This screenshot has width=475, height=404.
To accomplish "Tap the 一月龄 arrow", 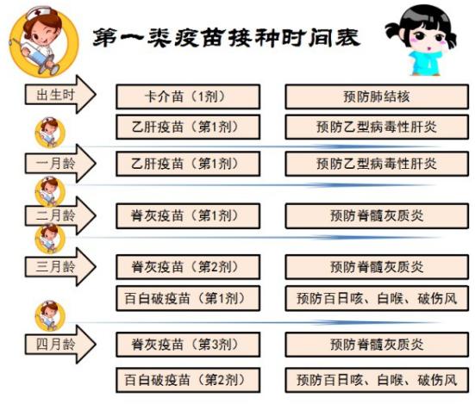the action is [60, 164].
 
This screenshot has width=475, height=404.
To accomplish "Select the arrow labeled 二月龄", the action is [60, 215].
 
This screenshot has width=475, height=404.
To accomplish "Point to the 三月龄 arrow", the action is [60, 267].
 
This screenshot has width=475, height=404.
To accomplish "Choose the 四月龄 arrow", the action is [60, 344].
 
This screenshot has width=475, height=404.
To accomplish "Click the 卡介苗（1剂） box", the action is [188, 96].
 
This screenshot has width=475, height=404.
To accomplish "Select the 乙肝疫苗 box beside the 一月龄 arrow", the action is [188, 164].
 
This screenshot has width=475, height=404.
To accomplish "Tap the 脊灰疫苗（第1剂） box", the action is [188, 215].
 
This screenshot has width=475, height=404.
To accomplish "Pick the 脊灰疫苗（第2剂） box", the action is [188, 267].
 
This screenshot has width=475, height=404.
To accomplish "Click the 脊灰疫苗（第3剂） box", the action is [188, 345].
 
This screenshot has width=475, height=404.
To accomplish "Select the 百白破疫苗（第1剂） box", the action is [188, 298].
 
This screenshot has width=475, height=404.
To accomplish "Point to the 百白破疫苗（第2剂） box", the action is [188, 380].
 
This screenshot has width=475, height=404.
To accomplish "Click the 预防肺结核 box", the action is [377, 96].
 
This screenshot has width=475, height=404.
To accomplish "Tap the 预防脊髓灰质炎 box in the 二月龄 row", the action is [377, 215].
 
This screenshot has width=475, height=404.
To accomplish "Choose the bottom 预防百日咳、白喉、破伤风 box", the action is [377, 380].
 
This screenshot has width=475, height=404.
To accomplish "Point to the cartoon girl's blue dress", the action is [425, 63].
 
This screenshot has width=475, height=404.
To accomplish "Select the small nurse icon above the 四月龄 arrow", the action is [50, 315].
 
